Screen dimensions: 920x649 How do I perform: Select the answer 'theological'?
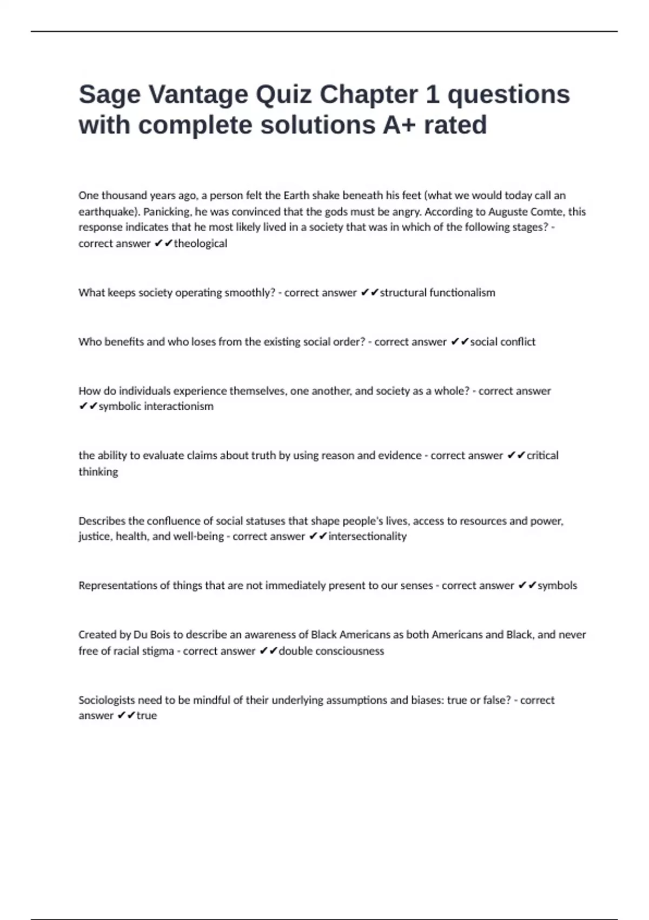click(x=200, y=244)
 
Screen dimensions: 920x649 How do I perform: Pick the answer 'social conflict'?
click(x=502, y=342)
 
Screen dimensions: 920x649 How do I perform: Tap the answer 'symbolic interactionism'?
click(x=156, y=406)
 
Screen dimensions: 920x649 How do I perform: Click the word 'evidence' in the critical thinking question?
click(x=400, y=456)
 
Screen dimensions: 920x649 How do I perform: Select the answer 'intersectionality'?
click(x=367, y=536)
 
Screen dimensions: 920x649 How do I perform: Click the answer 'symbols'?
click(x=557, y=586)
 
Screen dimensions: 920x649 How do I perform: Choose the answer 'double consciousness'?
click(x=331, y=651)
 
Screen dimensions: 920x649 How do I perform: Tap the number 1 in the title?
click(x=432, y=95)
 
